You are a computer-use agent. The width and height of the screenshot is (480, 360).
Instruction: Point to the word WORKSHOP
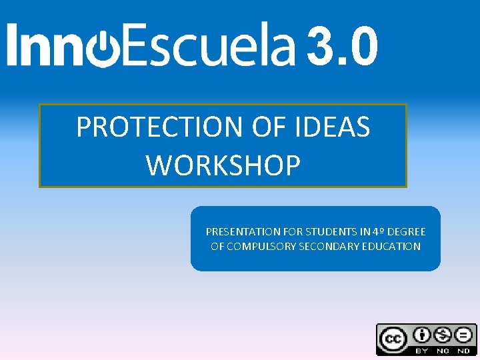223,165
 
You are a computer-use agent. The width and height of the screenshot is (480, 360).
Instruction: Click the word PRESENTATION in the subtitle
243,232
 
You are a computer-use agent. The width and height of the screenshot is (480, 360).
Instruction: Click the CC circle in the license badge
393,339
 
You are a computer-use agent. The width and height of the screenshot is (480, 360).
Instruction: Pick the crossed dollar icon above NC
443,335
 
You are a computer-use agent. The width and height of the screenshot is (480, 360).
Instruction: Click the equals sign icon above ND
464,335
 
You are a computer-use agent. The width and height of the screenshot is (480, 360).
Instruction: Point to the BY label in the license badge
421,350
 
